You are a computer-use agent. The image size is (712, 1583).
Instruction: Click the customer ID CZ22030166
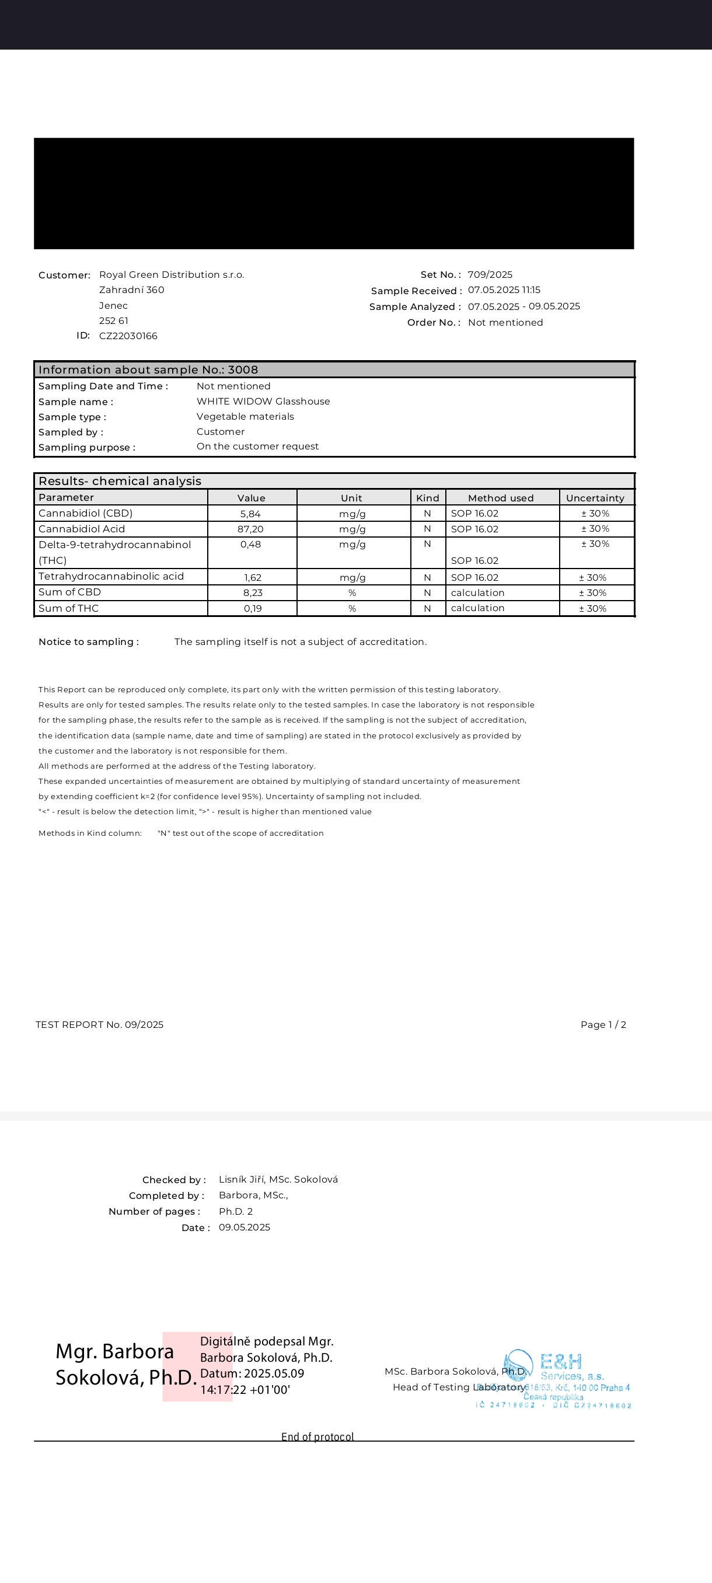pos(128,336)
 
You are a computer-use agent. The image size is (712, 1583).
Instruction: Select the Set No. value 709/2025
pos(490,275)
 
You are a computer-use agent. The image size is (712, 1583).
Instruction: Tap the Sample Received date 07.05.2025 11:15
pos(504,290)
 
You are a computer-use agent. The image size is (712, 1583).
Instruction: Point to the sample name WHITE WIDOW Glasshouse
pos(263,401)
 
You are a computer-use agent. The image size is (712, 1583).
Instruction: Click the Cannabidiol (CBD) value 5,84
pos(250,514)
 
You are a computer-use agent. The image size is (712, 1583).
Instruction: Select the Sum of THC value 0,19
pos(253,608)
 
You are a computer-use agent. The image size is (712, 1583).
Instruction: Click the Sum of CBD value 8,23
pos(253,593)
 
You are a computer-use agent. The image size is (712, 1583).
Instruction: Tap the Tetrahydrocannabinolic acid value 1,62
pos(253,578)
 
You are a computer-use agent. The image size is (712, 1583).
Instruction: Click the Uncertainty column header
pos(595,498)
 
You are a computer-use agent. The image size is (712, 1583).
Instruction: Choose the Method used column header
pos(501,498)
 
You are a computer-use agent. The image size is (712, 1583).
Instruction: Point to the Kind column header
pos(428,498)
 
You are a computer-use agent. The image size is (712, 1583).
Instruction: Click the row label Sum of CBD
pos(69,592)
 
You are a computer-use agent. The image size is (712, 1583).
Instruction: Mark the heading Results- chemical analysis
pos(120,481)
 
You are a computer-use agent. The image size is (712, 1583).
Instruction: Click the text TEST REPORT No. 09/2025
pos(100,1024)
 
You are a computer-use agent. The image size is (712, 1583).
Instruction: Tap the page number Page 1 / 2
pos(603,1024)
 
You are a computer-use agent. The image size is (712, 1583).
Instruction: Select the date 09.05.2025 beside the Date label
pos(245,1227)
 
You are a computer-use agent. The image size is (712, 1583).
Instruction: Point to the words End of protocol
pos(317,1436)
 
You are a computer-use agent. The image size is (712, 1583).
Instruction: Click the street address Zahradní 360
pos(131,290)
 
